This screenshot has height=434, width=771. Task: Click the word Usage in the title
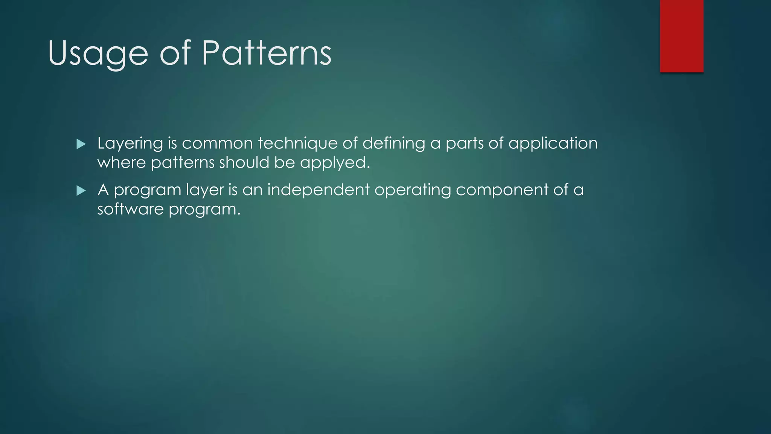pos(98,53)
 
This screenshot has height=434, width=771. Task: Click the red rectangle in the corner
pos(681,36)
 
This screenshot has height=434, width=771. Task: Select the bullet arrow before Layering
pos(81,144)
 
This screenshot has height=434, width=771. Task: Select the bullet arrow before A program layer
pos(81,191)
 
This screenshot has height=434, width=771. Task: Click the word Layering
pos(130,144)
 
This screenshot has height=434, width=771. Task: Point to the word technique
pos(297,144)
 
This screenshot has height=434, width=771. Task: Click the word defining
pos(393,143)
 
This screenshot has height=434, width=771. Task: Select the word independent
pos(318,189)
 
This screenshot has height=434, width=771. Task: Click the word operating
pos(412,190)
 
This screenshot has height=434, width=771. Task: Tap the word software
pos(130,209)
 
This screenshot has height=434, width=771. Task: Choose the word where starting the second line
pos(121,163)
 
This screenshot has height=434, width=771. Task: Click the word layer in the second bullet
pos(205,190)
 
